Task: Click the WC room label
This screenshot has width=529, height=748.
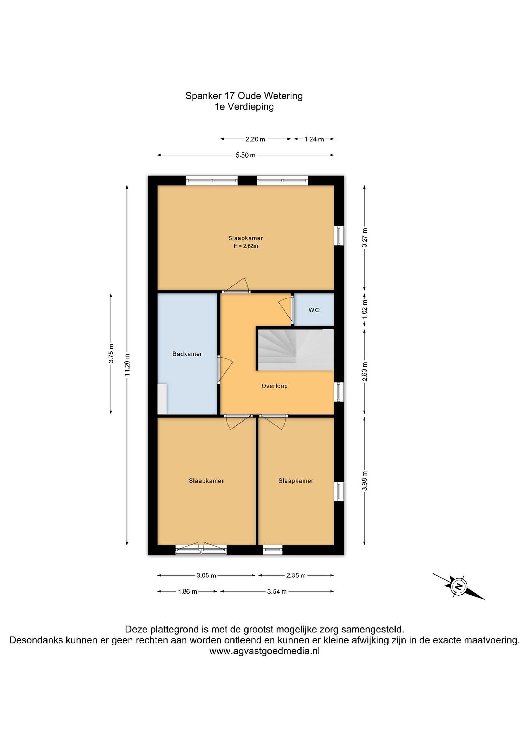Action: (x=314, y=310)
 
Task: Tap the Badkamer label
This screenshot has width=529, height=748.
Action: (x=187, y=354)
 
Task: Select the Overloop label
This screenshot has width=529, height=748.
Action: (x=274, y=386)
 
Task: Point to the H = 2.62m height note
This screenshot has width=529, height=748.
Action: (x=246, y=246)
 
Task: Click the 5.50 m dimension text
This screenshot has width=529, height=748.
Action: (x=246, y=155)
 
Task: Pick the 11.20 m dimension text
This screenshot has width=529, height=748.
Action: (x=127, y=365)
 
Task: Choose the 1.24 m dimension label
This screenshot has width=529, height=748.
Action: (x=314, y=139)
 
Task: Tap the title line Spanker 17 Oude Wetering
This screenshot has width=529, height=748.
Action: (x=244, y=96)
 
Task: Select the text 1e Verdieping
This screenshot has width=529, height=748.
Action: (x=244, y=106)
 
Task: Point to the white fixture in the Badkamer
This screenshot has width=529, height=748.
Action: (x=162, y=399)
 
